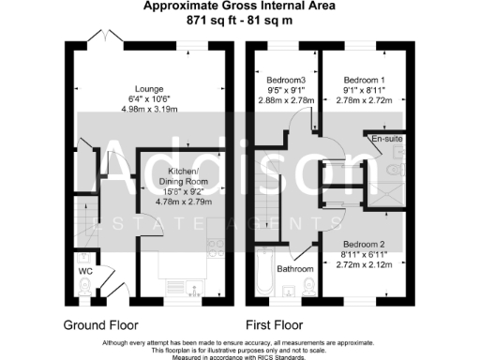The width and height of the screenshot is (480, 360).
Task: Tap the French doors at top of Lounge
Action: coord(101,37)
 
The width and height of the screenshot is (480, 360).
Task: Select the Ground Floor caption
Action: coord(100,325)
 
